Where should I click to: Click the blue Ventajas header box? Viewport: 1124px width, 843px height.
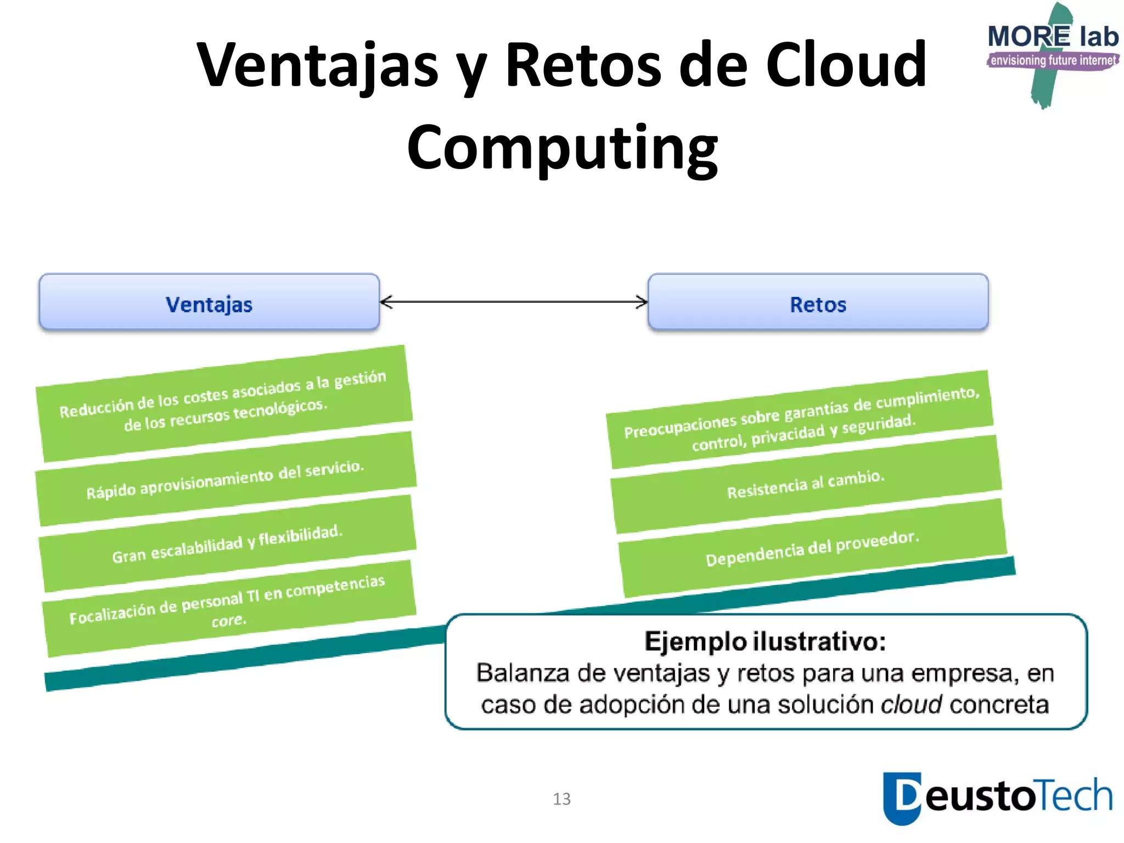pos(209,302)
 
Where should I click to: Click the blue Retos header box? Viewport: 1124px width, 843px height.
pos(818,302)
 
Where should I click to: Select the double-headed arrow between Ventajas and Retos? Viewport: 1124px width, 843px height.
pos(514,301)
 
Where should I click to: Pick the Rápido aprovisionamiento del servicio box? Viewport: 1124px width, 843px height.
pos(225,479)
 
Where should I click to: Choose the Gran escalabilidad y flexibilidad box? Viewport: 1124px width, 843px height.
pos(227,543)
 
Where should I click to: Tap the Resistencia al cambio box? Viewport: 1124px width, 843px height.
pos(806,484)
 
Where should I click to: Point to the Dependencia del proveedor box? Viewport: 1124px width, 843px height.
pos(812,548)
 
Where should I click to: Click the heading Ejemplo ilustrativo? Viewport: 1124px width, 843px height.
pos(765,641)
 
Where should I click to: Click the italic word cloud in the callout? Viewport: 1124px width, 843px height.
pos(911,704)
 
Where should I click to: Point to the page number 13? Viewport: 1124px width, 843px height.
pos(561,799)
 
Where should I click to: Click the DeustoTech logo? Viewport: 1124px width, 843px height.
pos(997,797)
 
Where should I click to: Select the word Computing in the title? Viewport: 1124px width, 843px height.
pos(562,147)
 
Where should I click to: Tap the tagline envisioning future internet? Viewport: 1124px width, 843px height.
pos(1053,60)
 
